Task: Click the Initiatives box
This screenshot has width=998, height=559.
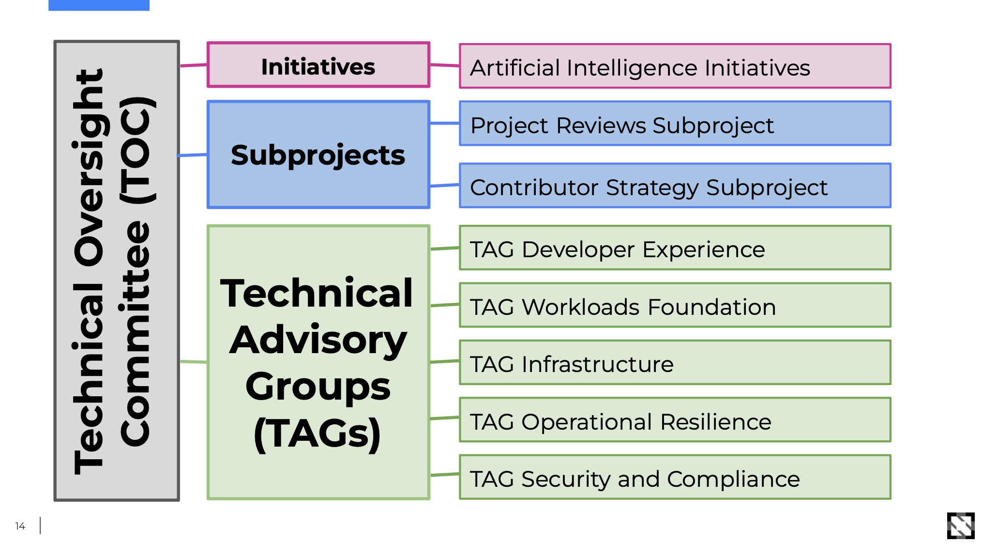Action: [x=318, y=65]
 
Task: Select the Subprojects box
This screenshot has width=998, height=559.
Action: [x=318, y=155]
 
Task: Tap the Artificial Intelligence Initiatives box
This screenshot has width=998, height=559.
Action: [x=675, y=66]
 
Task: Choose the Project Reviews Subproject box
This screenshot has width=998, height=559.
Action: [x=675, y=124]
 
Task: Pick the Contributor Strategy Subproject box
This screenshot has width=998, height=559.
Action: [x=675, y=186]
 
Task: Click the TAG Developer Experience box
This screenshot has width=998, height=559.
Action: [x=675, y=248]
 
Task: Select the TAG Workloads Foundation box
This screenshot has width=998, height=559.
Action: [x=675, y=305]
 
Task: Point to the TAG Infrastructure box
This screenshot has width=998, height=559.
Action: [x=675, y=362]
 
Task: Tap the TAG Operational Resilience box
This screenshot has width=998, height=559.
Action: [x=675, y=420]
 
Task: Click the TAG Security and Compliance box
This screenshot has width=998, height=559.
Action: [x=675, y=477]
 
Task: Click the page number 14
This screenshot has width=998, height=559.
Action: [x=20, y=526]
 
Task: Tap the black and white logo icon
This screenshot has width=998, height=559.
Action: [x=960, y=526]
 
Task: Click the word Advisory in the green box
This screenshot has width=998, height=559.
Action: [x=318, y=340]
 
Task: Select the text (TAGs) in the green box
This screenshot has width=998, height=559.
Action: [x=318, y=434]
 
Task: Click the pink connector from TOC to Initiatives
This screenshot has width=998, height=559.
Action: [x=194, y=65]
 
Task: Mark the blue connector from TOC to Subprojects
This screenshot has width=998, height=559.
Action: [x=193, y=155]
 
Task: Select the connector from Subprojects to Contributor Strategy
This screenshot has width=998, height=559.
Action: [x=444, y=185]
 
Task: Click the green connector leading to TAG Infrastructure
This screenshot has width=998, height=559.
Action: [x=444, y=361]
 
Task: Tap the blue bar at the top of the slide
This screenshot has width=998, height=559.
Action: [x=99, y=5]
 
